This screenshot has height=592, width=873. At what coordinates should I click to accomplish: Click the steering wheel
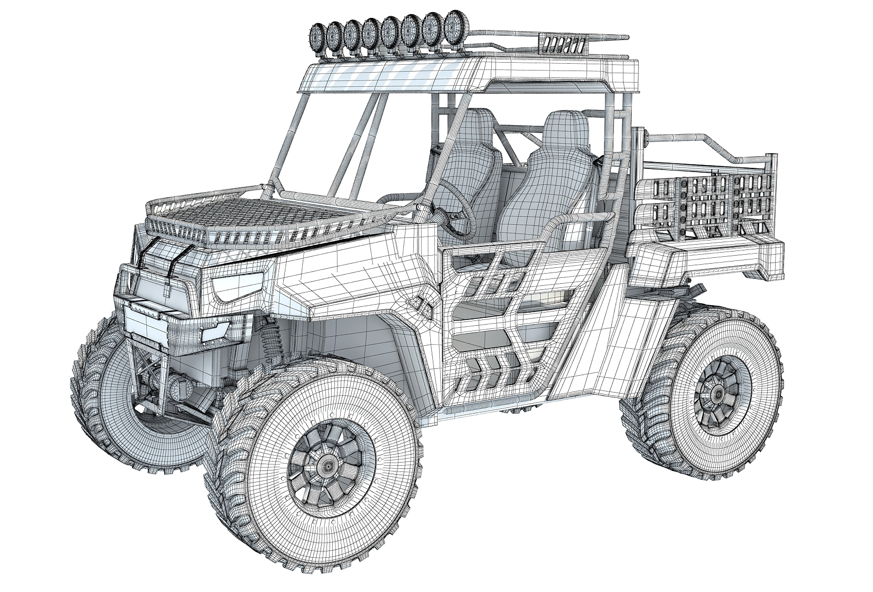click(x=454, y=208)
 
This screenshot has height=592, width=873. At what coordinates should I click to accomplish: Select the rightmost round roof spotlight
click(x=453, y=25)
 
